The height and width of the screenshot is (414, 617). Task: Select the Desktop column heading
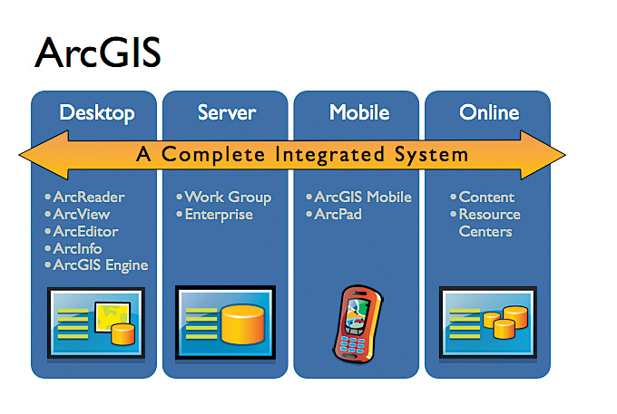pyautogui.click(x=96, y=113)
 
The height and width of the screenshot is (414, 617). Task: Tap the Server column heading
pyautogui.click(x=227, y=113)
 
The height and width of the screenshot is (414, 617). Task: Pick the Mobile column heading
pyautogui.click(x=359, y=113)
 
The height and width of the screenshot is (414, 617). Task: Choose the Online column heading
pyautogui.click(x=489, y=113)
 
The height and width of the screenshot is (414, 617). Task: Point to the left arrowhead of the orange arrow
pyautogui.click(x=36, y=154)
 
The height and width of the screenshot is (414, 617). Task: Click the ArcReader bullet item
pyautogui.click(x=88, y=197)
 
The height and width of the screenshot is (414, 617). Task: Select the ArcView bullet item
pyautogui.click(x=81, y=215)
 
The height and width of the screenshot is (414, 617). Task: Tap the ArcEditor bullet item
pyautogui.click(x=85, y=232)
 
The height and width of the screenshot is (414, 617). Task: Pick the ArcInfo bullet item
pyautogui.click(x=77, y=248)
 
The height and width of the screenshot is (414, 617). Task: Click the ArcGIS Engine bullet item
pyautogui.click(x=100, y=265)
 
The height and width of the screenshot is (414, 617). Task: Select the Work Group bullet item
pyautogui.click(x=227, y=197)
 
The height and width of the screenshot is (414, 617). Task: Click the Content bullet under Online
pyautogui.click(x=486, y=197)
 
